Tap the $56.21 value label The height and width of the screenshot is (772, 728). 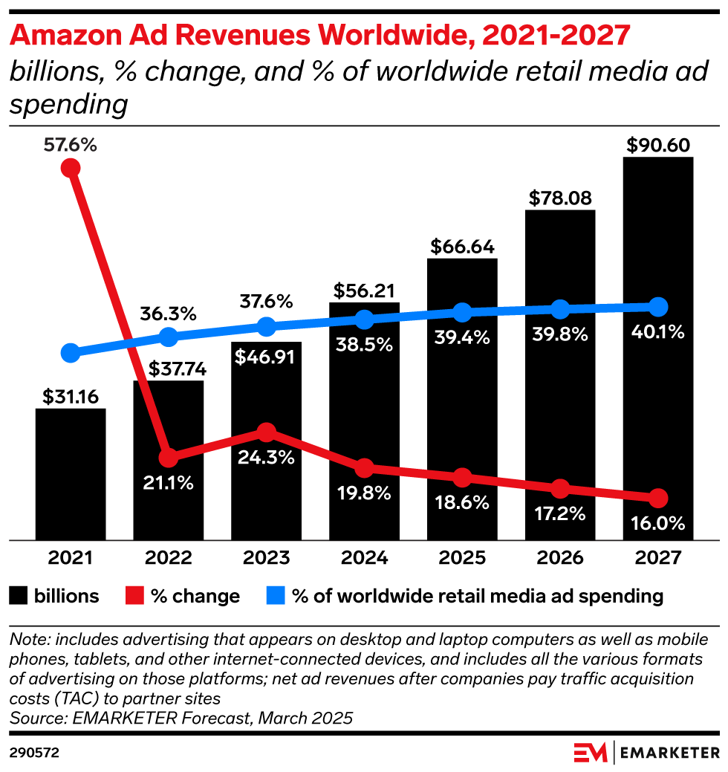click(x=364, y=290)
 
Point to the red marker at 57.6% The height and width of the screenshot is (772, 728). click(x=71, y=168)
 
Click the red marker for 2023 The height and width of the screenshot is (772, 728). click(x=266, y=432)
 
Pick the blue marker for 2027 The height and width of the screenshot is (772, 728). click(x=658, y=306)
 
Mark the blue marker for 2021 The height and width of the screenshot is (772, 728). click(x=71, y=352)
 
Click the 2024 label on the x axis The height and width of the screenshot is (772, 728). click(x=364, y=558)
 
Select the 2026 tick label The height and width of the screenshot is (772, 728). click(x=560, y=558)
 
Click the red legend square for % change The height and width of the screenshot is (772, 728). click(x=134, y=595)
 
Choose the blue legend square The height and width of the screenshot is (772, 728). click(x=276, y=595)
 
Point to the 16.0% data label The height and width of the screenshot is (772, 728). click(x=658, y=524)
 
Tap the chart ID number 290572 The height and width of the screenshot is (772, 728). click(x=34, y=752)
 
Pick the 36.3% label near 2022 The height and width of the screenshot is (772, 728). click(x=168, y=314)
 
